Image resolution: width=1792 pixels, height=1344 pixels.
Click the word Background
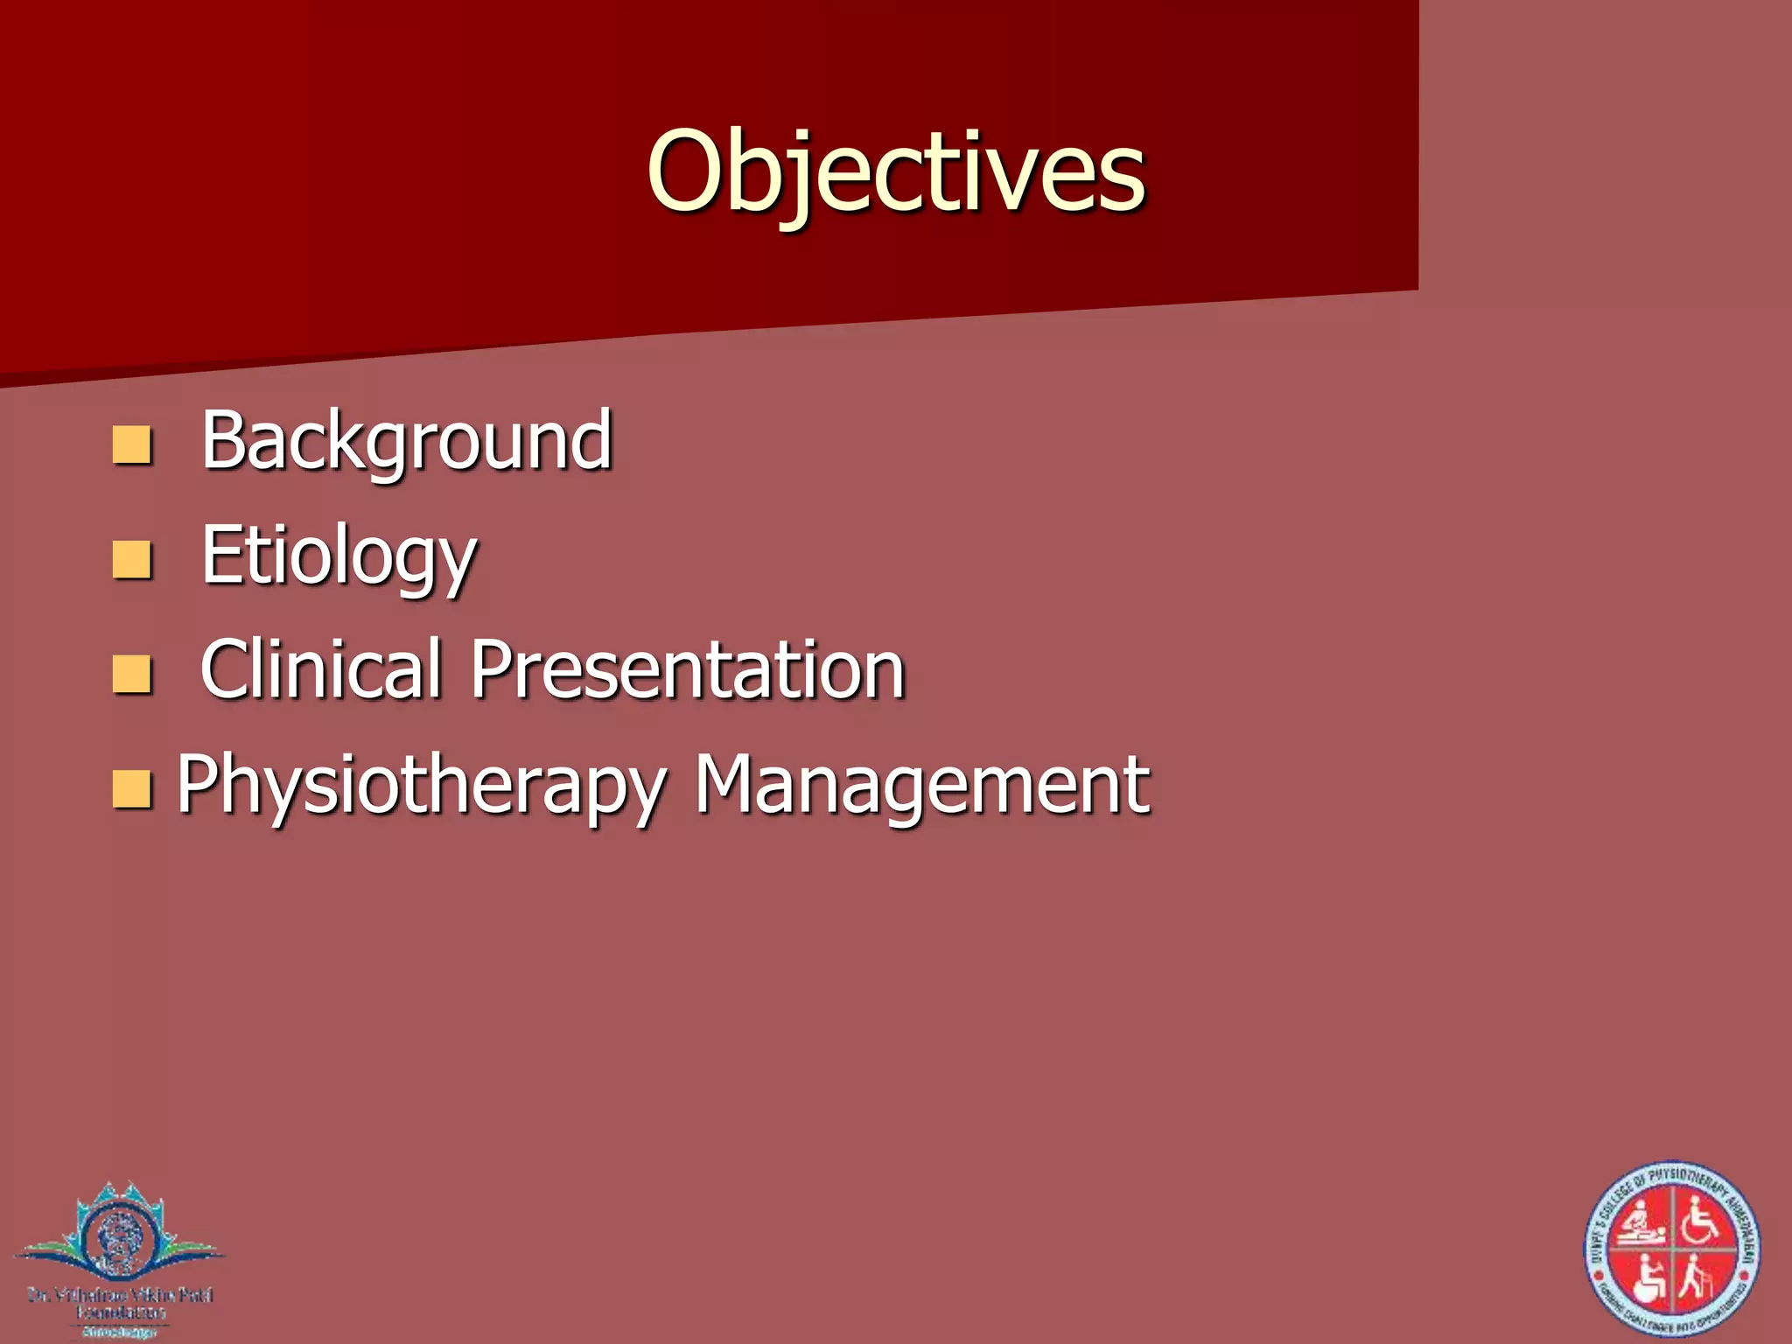click(x=407, y=440)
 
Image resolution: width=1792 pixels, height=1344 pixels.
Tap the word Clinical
click(x=320, y=669)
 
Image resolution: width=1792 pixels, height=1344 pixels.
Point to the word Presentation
click(x=688, y=669)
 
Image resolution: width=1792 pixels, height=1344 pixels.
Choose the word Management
click(x=921, y=785)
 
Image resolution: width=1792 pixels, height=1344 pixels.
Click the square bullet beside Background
click(x=132, y=444)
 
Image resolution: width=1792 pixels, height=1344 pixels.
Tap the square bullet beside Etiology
click(x=132, y=560)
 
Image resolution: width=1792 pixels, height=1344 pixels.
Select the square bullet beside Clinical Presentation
click(x=132, y=675)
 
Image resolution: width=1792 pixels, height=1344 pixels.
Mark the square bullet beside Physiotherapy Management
click(x=132, y=789)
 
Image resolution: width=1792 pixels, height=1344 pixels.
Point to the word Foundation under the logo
click(x=120, y=1312)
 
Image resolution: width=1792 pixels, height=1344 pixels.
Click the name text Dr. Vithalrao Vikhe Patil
click(x=120, y=1294)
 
